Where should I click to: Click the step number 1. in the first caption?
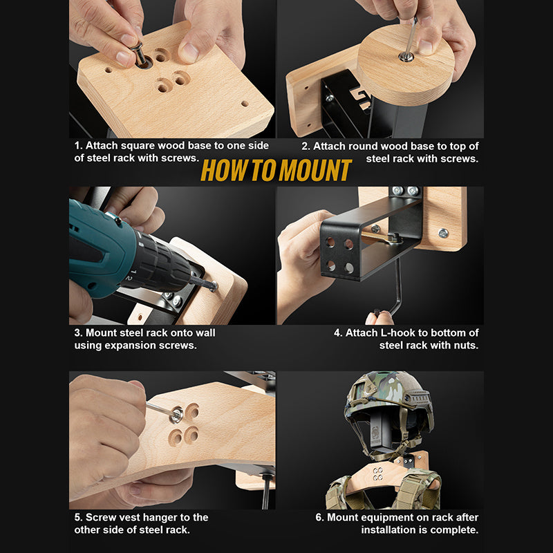point(78,145)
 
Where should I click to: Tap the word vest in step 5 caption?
point(131,517)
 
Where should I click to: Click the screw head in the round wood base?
point(406,56)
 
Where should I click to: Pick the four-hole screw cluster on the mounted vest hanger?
point(378,474)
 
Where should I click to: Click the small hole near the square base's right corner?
point(245,104)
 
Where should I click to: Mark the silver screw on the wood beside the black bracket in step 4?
point(443,233)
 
